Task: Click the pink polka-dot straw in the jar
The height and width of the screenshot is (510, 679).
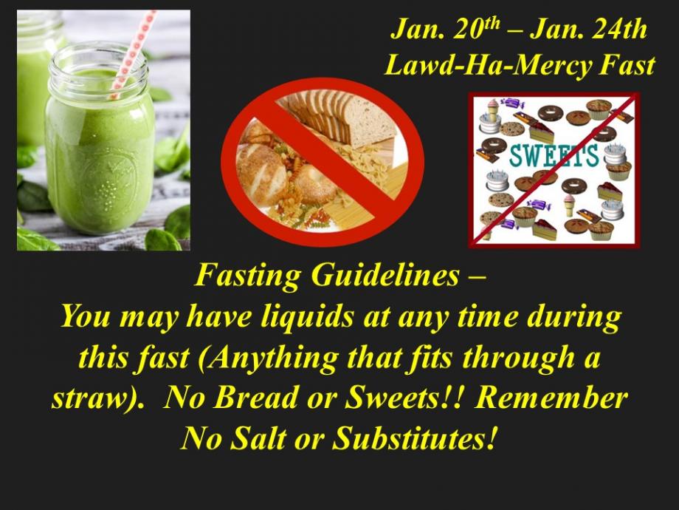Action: pos(132,54)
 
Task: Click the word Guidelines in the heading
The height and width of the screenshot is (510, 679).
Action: pos(385,276)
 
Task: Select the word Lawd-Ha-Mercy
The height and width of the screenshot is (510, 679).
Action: pos(487,66)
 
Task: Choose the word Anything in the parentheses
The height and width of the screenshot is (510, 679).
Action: pos(269,358)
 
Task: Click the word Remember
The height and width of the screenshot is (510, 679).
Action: pos(551,397)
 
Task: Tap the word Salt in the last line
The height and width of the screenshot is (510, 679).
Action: pos(258,438)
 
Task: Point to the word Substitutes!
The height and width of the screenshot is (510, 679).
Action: pos(413,438)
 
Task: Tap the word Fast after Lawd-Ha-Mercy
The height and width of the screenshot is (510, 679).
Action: pos(627,66)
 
